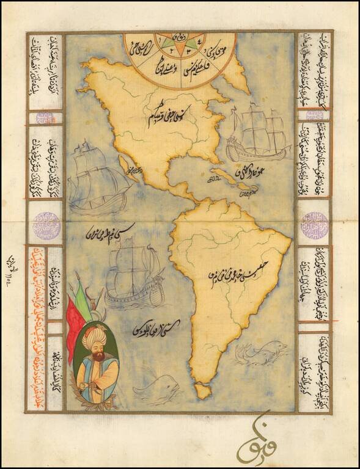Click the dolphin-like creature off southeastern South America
pyautogui.click(x=260, y=353)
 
